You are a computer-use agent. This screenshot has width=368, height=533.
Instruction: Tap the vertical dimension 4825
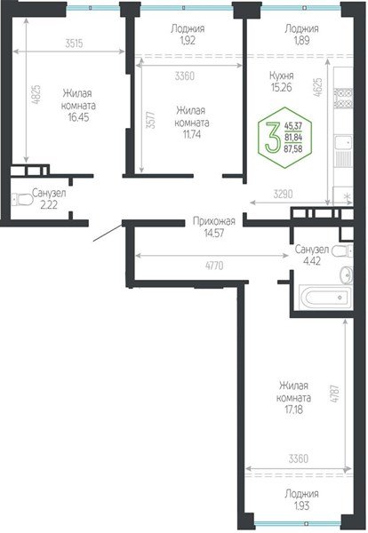coord(36,95)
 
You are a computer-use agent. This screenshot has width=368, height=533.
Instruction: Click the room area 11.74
coord(192,134)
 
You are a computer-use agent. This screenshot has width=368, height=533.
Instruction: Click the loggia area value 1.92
coord(188,41)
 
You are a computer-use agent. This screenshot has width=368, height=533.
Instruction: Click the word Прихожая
coord(213,221)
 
